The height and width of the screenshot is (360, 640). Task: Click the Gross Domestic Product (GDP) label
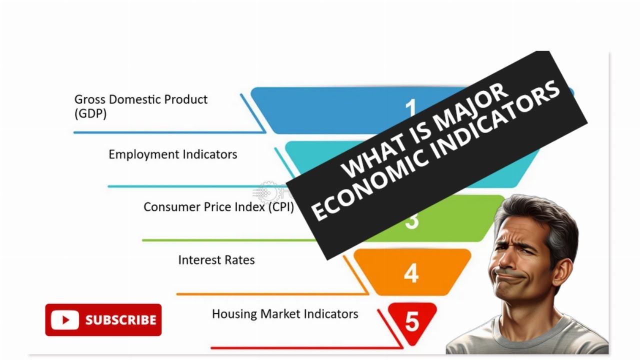pyautogui.click(x=140, y=106)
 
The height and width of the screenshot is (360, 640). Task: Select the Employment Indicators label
pyautogui.click(x=172, y=154)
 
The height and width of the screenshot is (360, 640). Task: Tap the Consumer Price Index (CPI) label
pyautogui.click(x=218, y=207)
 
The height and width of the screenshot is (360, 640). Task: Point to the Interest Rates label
pyautogui.click(x=216, y=260)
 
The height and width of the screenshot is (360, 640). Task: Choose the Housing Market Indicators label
pyautogui.click(x=285, y=314)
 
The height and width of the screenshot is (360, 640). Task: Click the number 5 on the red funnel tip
pyautogui.click(x=411, y=322)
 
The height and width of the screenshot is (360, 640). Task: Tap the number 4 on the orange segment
pyautogui.click(x=411, y=273)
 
